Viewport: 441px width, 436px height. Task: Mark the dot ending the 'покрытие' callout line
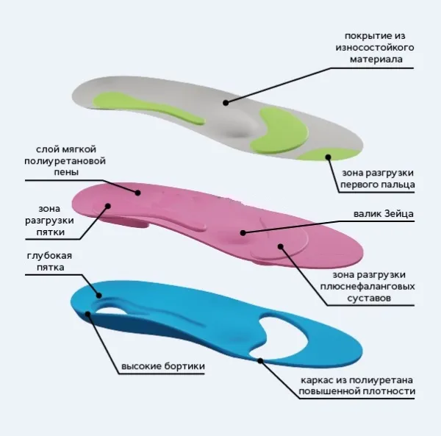[227, 103]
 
